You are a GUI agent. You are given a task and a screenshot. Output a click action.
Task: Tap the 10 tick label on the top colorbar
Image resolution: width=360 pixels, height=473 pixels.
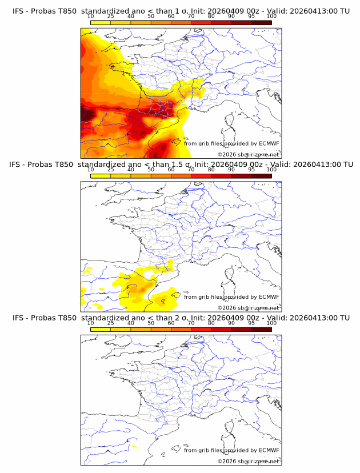click(90, 16)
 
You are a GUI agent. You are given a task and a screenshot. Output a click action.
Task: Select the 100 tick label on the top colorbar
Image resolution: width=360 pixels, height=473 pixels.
click(271, 16)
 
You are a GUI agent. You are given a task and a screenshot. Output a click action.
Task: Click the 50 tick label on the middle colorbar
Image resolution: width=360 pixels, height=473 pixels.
click(151, 169)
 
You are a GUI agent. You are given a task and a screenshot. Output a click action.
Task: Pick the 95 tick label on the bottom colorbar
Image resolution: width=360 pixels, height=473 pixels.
click(251, 322)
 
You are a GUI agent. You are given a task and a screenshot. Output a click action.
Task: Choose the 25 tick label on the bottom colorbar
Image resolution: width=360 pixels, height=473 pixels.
click(110, 322)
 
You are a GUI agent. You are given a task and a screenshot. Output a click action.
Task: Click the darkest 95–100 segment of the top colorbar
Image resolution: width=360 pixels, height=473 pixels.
click(261, 22)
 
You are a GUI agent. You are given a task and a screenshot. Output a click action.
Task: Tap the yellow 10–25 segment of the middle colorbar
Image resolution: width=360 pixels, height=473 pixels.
click(101, 175)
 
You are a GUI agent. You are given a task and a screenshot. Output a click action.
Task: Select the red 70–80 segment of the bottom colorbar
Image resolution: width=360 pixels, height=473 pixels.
click(201, 328)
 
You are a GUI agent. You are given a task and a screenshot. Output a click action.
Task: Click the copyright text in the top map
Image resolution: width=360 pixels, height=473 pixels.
click(249, 155)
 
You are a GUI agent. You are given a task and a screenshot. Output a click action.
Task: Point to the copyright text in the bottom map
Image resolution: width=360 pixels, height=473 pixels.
click(249, 461)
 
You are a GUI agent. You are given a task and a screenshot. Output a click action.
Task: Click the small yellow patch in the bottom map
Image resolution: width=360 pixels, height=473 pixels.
click(135, 446)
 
